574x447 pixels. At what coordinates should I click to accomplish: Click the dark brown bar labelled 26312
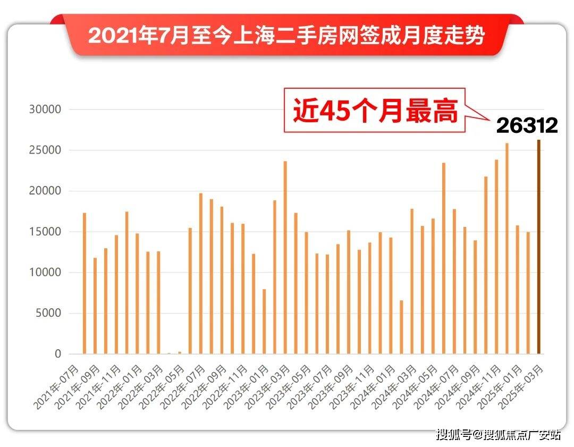538,247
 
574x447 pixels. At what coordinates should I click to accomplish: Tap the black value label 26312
527,125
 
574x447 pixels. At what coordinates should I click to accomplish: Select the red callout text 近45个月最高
375,111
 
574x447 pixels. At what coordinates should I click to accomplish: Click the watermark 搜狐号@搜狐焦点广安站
498,435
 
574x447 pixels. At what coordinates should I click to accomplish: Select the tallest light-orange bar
507,249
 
